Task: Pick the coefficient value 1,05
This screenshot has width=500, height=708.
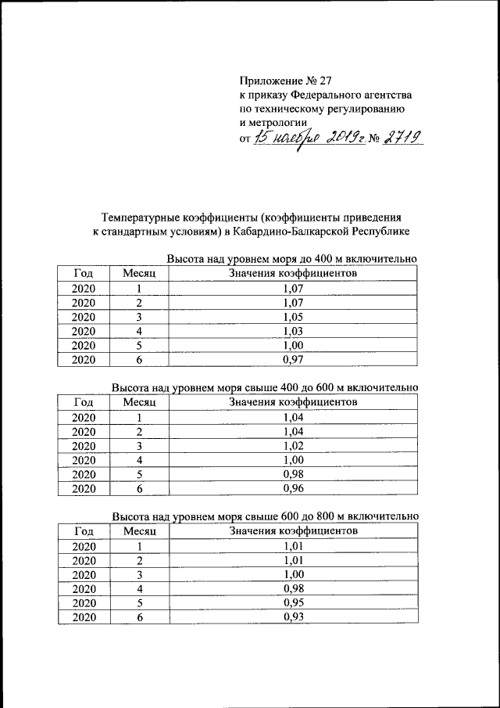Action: [293, 317]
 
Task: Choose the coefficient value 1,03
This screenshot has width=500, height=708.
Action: [293, 331]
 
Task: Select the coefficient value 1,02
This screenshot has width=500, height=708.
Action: [293, 446]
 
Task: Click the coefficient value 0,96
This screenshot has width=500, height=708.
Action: [293, 489]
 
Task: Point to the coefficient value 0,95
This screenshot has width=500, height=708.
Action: [293, 603]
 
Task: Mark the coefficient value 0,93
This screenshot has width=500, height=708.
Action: [293, 617]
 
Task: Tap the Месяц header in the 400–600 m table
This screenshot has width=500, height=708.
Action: [140, 402]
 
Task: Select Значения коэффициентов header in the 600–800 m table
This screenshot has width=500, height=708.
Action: [293, 531]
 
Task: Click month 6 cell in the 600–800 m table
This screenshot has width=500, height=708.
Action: [140, 617]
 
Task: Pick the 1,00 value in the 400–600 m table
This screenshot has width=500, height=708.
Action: [293, 460]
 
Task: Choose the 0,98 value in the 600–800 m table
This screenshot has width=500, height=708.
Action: [293, 589]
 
